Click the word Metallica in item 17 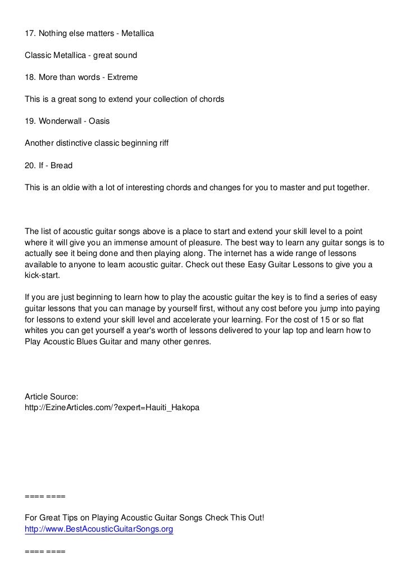[134, 34]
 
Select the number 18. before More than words [31, 77]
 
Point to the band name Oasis [99, 121]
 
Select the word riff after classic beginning [161, 143]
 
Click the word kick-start [42, 276]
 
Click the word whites [38, 331]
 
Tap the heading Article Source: [48, 397]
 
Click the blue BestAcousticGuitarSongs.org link [99, 529]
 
